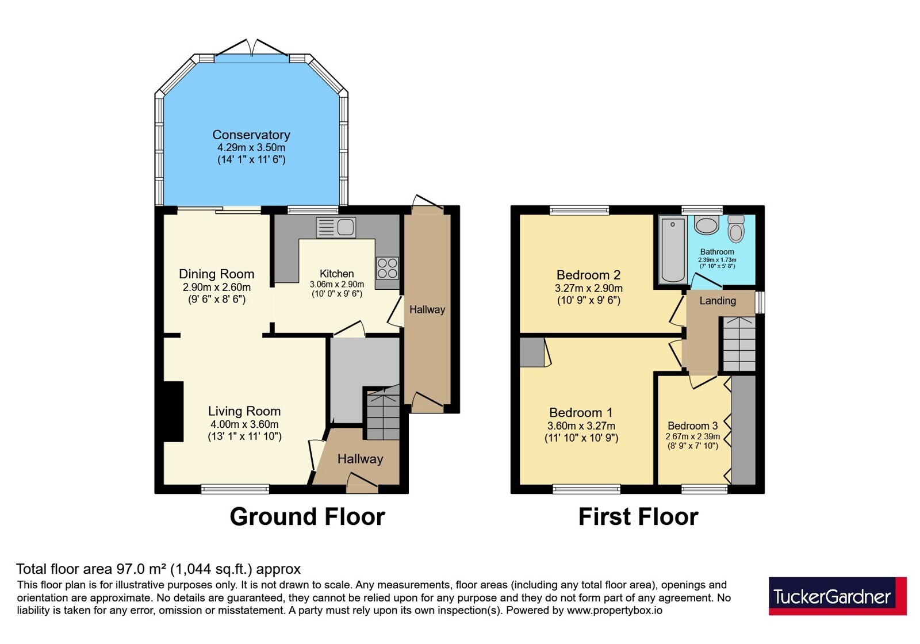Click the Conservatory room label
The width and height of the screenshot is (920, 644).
click(251, 135)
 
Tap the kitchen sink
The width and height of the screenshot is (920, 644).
click(336, 227)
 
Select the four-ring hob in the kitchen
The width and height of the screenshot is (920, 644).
click(387, 268)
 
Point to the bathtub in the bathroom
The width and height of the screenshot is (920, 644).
click(673, 250)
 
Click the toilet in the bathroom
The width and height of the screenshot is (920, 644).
click(736, 228)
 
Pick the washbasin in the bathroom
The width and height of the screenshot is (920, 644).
click(707, 225)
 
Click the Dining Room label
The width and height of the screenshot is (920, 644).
click(216, 274)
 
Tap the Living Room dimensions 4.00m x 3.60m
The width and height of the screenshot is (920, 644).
click(244, 424)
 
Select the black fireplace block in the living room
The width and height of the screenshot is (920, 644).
click(173, 412)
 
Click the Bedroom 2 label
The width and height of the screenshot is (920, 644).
click(589, 275)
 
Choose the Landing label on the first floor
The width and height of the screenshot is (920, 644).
click(718, 301)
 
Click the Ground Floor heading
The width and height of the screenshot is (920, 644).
click(307, 517)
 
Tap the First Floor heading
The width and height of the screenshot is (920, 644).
click(638, 517)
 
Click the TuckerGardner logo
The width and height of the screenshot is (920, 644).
click(837, 596)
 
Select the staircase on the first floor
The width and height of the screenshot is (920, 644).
click(739, 344)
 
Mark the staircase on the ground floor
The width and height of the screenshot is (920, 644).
click(383, 413)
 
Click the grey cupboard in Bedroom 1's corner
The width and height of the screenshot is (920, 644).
click(532, 352)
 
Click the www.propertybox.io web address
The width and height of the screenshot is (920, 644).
click(615, 610)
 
